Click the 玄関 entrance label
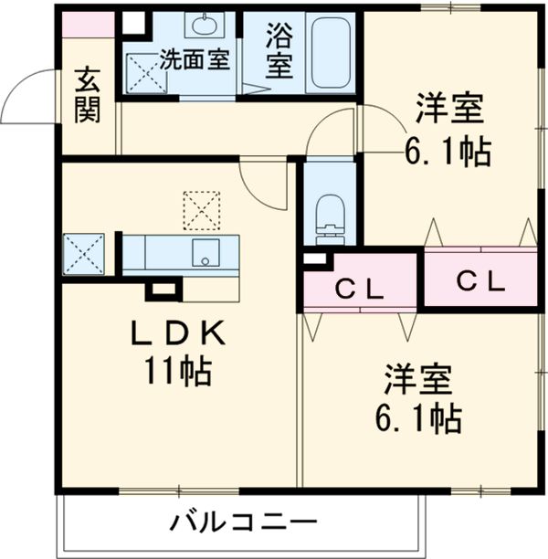click(x=89, y=94)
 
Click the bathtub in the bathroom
click(x=329, y=51)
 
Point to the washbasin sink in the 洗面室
click(x=201, y=26)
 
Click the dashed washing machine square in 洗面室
click(x=143, y=72)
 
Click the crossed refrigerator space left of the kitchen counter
click(x=84, y=253)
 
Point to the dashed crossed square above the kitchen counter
click(x=201, y=209)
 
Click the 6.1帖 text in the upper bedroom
click(x=448, y=151)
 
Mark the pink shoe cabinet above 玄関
click(x=89, y=25)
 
